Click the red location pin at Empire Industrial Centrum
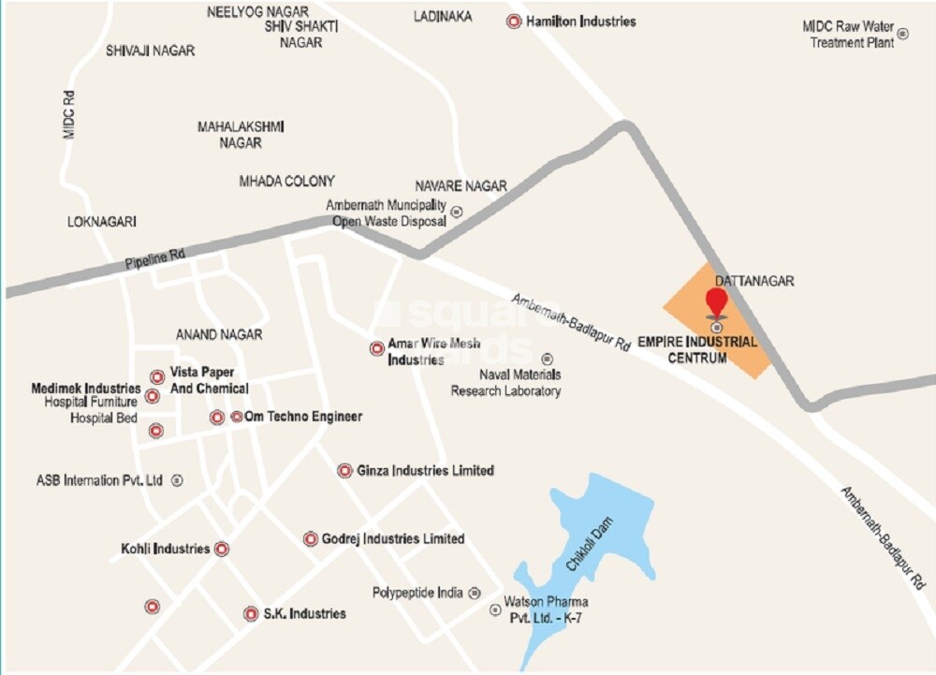(716, 302)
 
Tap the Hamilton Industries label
(580, 21)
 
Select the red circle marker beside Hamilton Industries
(514, 21)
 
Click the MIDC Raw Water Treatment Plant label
(847, 35)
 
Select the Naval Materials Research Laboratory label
(505, 383)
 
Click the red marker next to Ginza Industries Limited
(344, 471)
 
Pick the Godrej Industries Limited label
(393, 538)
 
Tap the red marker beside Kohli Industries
(222, 549)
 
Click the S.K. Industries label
(304, 613)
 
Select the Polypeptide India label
(417, 593)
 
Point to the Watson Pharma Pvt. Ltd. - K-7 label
(546, 609)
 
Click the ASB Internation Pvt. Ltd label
(99, 480)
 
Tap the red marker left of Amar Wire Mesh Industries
(377, 348)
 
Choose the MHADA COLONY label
(286, 181)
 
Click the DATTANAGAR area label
(754, 281)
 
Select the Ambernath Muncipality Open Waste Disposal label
(386, 213)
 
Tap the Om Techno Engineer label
(302, 417)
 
